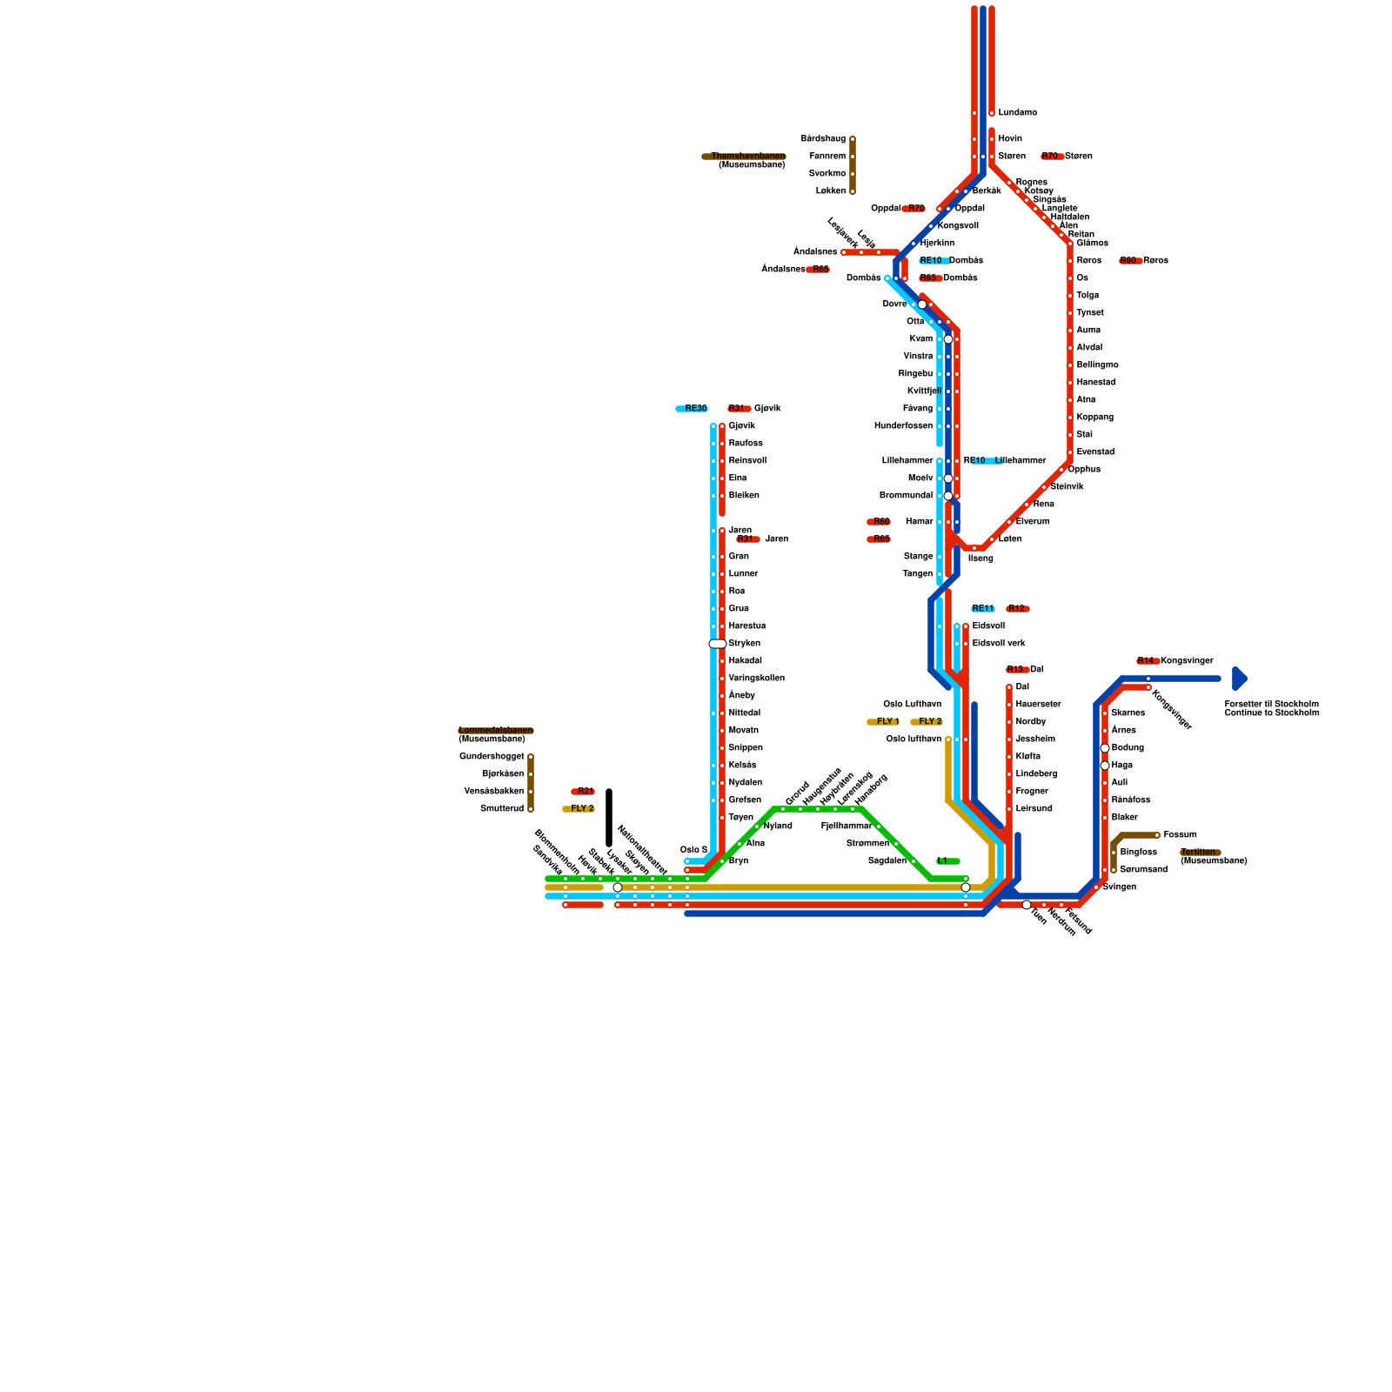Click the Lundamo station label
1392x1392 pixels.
pyautogui.click(x=1017, y=113)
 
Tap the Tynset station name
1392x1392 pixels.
pyautogui.click(x=1089, y=313)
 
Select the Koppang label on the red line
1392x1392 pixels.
pyautogui.click(x=1094, y=418)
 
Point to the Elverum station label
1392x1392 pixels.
pyautogui.click(x=1032, y=522)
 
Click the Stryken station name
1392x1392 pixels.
pyautogui.click(x=744, y=644)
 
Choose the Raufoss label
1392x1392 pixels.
pyautogui.click(x=745, y=444)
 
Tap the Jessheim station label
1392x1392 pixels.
pyautogui.click(x=1035, y=739)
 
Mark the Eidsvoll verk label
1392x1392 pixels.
pyautogui.click(x=999, y=644)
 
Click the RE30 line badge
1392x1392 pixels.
pyautogui.click(x=693, y=409)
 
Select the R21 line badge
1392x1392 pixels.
pyautogui.click(x=583, y=792)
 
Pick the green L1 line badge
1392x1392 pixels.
pyautogui.click(x=947, y=861)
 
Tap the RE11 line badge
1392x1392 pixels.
pyautogui.click(x=982, y=609)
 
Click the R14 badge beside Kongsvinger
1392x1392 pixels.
pyautogui.click(x=1146, y=661)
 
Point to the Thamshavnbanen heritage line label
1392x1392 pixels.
pyautogui.click(x=745, y=157)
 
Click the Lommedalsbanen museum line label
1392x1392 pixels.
pyautogui.click(x=496, y=731)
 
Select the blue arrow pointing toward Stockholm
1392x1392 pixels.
pyautogui.click(x=1240, y=679)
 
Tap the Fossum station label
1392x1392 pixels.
pyautogui.click(x=1180, y=835)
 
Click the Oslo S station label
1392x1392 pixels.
pyautogui.click(x=693, y=850)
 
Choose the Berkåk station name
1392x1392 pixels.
pyautogui.click(x=986, y=191)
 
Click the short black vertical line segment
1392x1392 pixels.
pyautogui.click(x=609, y=818)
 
